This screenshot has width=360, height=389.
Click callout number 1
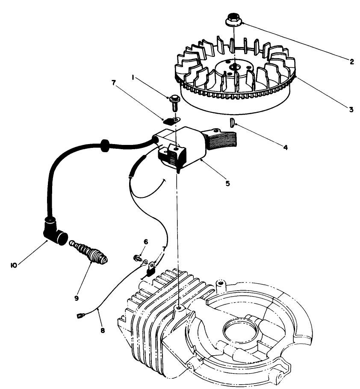tap(133, 78)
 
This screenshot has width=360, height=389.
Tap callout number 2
tap(351, 62)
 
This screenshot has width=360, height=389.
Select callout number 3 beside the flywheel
tap(351, 109)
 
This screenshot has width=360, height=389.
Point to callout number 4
tap(285, 147)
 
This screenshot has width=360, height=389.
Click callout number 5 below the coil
tap(227, 183)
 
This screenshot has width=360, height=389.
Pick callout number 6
tap(146, 242)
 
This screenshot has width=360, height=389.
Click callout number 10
tap(14, 265)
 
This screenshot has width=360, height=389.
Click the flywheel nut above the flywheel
tap(232, 20)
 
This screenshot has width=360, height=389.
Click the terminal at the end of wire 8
tap(79, 316)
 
